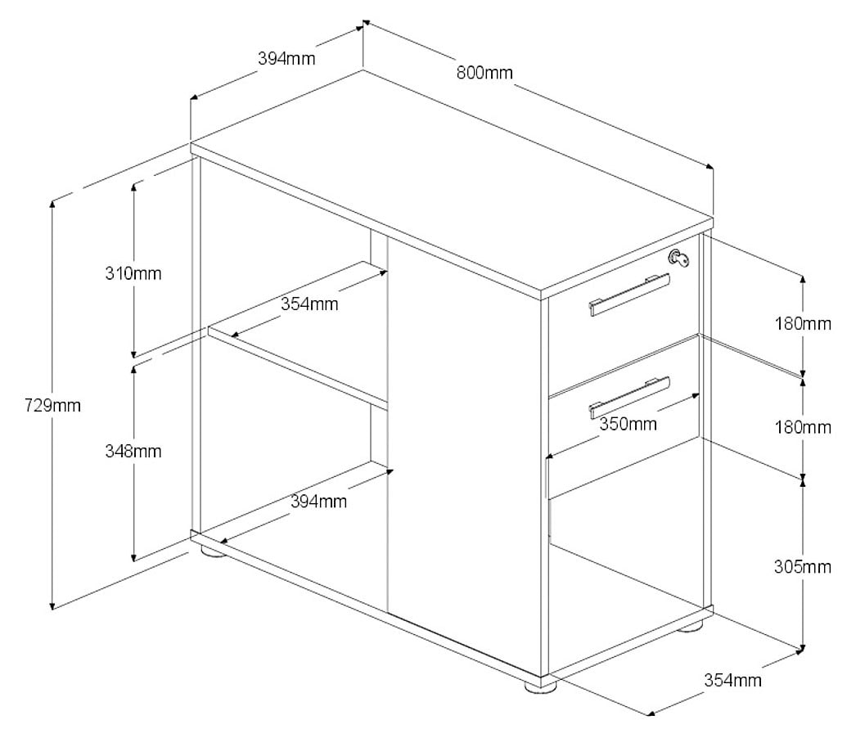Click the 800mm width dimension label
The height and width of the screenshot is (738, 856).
tap(484, 73)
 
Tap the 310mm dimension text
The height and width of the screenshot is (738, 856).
tap(133, 273)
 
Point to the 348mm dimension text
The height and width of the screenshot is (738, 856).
tap(133, 451)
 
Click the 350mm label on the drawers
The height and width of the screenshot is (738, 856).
tap(628, 424)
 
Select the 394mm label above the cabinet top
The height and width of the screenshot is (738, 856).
tap(286, 59)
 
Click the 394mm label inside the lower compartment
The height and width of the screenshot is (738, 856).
tap(318, 502)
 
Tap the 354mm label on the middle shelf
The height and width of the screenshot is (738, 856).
tap(309, 304)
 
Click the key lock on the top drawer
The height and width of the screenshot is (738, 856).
tap(681, 258)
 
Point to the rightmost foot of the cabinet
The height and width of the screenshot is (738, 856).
tap(690, 627)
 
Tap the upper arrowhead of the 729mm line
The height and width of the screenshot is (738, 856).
tap(54, 205)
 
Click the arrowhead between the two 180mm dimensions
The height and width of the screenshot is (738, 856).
tap(803, 375)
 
